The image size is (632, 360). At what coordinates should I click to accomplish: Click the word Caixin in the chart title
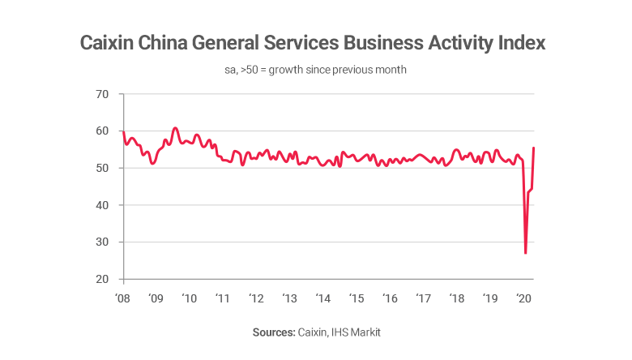111,43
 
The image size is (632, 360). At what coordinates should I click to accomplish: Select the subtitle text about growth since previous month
316,70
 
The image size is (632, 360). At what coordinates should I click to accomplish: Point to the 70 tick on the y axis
103,94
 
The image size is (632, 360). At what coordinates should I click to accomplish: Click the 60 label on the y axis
103,131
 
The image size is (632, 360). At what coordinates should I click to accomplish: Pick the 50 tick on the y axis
103,168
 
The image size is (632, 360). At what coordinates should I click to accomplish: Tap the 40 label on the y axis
103,205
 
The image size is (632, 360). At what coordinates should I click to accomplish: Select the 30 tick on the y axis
103,242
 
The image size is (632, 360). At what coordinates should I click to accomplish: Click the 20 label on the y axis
103,280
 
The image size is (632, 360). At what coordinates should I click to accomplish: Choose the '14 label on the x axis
322,298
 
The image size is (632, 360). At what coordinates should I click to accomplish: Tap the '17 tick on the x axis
422,298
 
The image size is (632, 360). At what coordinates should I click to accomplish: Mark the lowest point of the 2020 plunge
526,253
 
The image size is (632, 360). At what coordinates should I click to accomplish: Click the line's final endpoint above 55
533,148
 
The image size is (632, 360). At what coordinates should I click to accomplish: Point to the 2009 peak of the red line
175,128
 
